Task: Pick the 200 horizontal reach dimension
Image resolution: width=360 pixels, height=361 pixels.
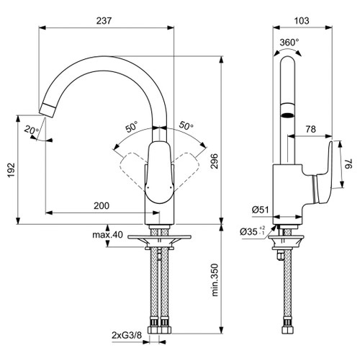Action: tap(102, 205)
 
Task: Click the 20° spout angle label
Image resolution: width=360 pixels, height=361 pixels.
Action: tap(29, 130)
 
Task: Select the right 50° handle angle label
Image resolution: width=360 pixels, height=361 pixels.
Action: tap(186, 126)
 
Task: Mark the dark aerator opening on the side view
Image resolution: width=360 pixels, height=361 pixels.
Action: tap(287, 113)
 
